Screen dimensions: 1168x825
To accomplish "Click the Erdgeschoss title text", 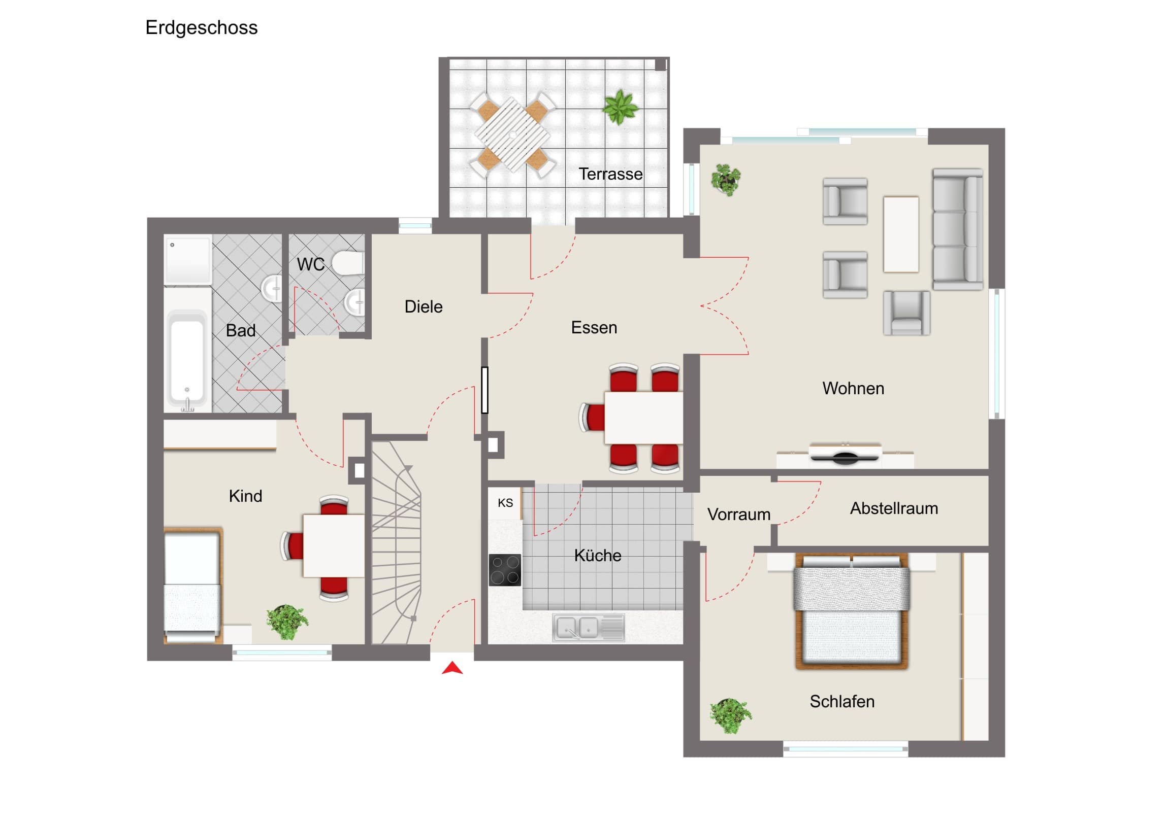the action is [x=202, y=28].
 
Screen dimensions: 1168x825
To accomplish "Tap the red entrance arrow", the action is [x=452, y=668].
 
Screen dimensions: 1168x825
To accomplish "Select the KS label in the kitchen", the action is [x=505, y=503].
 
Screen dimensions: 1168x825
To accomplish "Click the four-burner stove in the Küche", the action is [x=505, y=570].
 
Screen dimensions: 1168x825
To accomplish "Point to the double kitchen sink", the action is [x=589, y=627].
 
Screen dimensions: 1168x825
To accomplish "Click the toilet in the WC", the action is [x=348, y=263].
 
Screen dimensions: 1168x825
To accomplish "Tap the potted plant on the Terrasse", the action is [x=620, y=107].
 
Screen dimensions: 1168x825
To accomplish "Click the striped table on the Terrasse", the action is [x=513, y=134].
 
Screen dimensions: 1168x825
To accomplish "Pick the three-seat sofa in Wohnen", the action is [x=957, y=229].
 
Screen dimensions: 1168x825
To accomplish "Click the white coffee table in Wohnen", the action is [x=901, y=234].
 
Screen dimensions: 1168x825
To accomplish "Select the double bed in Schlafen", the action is [x=852, y=610].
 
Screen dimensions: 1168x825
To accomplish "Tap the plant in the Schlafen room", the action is [x=731, y=715].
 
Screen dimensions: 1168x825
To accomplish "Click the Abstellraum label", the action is [x=894, y=508].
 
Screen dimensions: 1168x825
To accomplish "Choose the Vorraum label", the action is [x=739, y=514].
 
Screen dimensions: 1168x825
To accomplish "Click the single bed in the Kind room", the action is [x=193, y=586].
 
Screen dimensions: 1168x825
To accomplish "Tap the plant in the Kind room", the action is [x=287, y=622].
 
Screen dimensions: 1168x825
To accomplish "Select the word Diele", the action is [x=423, y=306].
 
